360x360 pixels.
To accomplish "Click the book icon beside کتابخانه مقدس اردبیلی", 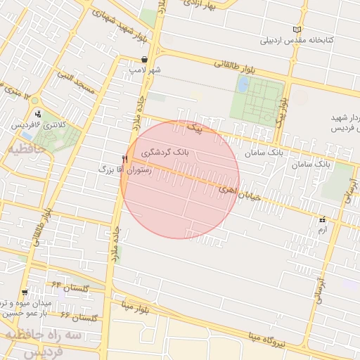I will (x=297, y=29).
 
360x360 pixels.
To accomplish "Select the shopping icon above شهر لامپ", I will (x=144, y=60).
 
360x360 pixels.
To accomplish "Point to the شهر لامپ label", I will (x=145, y=70).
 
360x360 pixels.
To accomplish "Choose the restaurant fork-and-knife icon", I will (x=124, y=159).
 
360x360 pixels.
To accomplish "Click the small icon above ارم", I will (x=323, y=219).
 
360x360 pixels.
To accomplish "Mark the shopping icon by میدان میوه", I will (x=25, y=292).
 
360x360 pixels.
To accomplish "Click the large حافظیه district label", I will (x=25, y=150).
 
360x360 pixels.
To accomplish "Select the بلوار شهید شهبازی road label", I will (x=105, y=22).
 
